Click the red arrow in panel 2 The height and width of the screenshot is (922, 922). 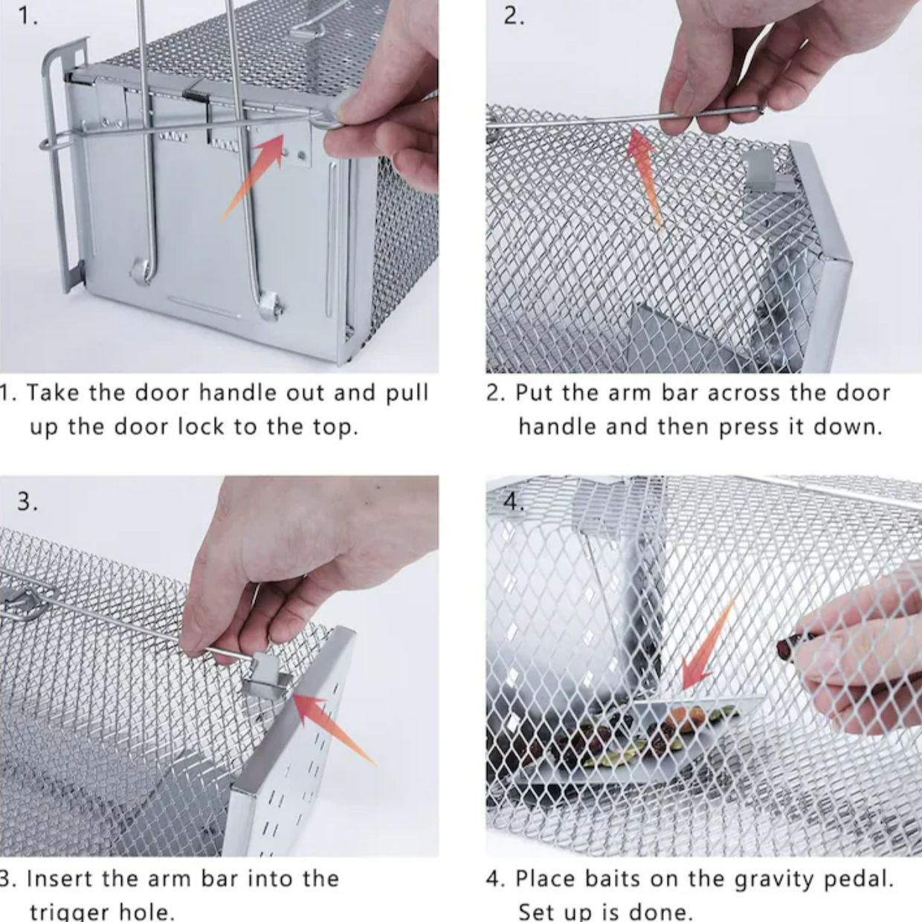[643, 176]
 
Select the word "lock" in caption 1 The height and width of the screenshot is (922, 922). [201, 426]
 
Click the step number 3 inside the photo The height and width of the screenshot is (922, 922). [27, 501]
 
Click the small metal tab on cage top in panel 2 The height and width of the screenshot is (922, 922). [769, 171]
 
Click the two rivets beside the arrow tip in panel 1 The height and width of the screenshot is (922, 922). [293, 154]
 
